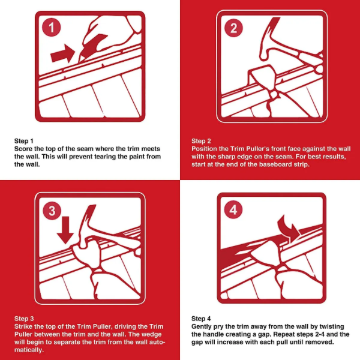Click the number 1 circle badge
51,28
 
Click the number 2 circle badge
233,28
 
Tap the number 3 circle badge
51,210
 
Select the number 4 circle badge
233,210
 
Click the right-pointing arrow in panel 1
62,54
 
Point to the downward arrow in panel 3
65,230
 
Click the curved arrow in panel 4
290,229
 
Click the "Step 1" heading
24,141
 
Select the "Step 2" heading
201,141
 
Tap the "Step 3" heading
24,319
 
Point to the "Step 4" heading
201,319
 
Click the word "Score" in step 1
23,149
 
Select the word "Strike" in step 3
23,327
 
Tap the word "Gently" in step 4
201,327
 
